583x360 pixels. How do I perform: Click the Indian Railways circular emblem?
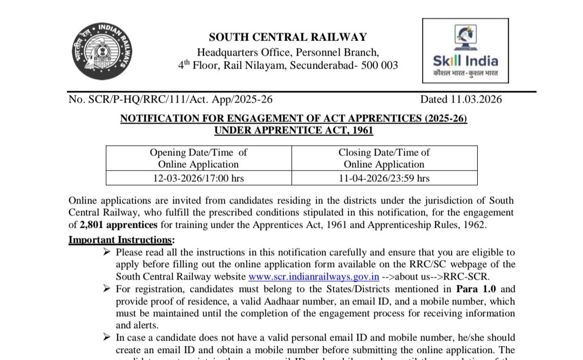(101, 51)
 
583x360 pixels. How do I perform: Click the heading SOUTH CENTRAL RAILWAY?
(288, 37)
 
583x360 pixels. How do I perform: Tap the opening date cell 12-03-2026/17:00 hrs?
(198, 178)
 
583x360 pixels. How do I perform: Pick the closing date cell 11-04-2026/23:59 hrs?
(384, 178)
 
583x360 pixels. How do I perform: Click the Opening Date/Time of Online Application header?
(198, 158)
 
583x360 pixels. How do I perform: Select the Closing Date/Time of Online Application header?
(384, 158)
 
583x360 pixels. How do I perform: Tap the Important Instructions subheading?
(121, 239)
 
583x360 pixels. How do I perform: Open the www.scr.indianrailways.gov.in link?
(313, 277)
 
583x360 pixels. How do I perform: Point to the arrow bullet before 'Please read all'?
(106, 252)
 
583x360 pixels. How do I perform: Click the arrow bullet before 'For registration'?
(106, 289)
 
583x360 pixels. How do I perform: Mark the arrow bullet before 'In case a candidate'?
(106, 337)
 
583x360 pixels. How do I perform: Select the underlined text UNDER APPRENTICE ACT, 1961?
(293, 130)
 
